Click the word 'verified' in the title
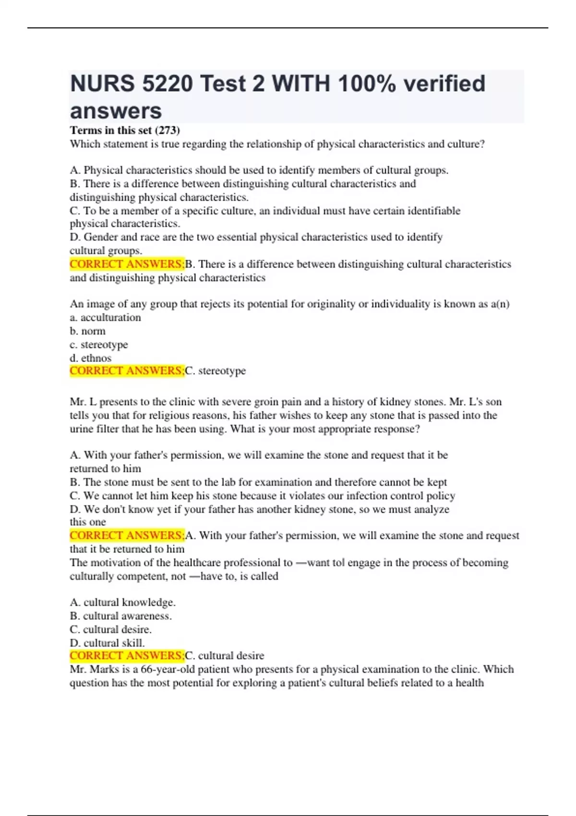click(444, 84)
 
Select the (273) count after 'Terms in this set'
click(168, 130)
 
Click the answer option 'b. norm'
click(87, 331)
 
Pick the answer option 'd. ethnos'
click(90, 358)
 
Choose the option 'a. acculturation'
click(105, 318)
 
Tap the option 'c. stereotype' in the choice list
click(99, 345)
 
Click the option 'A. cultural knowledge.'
click(122, 602)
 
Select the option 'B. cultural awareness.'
click(120, 616)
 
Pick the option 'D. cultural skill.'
click(107, 643)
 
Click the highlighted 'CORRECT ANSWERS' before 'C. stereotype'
click(127, 371)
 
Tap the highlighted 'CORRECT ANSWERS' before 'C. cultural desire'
click(127, 656)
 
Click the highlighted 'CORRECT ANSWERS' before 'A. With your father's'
click(127, 536)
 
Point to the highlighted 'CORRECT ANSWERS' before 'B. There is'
click(127, 264)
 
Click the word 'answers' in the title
click(116, 111)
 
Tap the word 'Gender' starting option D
click(100, 237)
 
